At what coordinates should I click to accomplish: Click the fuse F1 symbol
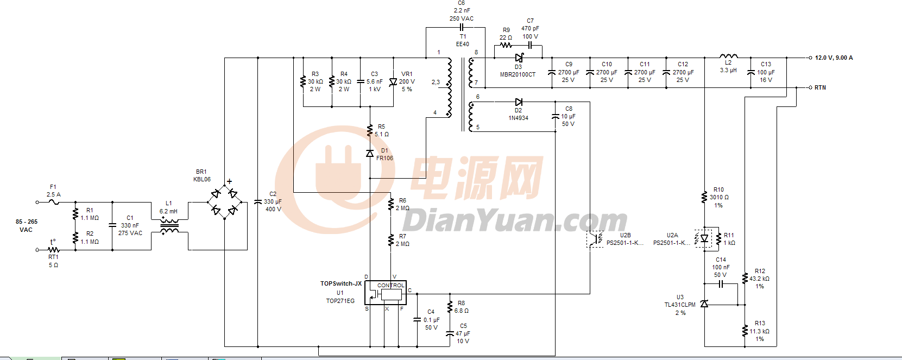pyautogui.click(x=53, y=202)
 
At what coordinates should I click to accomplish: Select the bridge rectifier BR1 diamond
pyautogui.click(x=225, y=202)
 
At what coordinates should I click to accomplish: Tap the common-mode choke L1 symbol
pyautogui.click(x=169, y=226)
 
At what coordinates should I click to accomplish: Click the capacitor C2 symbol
pyautogui.click(x=258, y=202)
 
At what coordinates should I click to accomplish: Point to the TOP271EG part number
pyautogui.click(x=340, y=301)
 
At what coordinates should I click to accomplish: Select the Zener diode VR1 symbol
pyautogui.click(x=393, y=82)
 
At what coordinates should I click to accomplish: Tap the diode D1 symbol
pyautogui.click(x=370, y=154)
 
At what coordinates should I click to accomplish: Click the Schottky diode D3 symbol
pyautogui.click(x=519, y=58)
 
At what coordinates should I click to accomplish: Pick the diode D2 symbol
pyautogui.click(x=519, y=102)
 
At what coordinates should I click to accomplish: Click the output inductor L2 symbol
pyautogui.click(x=728, y=56)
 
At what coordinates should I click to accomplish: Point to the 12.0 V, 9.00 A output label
pyautogui.click(x=834, y=58)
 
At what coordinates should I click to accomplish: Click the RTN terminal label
pyautogui.click(x=820, y=87)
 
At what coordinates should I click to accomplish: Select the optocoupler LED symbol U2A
pyautogui.click(x=704, y=238)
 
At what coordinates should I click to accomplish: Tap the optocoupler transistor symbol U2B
pyautogui.click(x=596, y=238)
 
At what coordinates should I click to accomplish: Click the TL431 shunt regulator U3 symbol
pyautogui.click(x=704, y=304)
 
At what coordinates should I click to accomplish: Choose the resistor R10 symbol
pyautogui.click(x=704, y=197)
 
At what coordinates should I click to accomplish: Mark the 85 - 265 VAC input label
pyautogui.click(x=26, y=225)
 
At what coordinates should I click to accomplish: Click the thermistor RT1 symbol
pyautogui.click(x=53, y=250)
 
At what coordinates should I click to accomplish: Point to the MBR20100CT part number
pyautogui.click(x=518, y=74)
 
